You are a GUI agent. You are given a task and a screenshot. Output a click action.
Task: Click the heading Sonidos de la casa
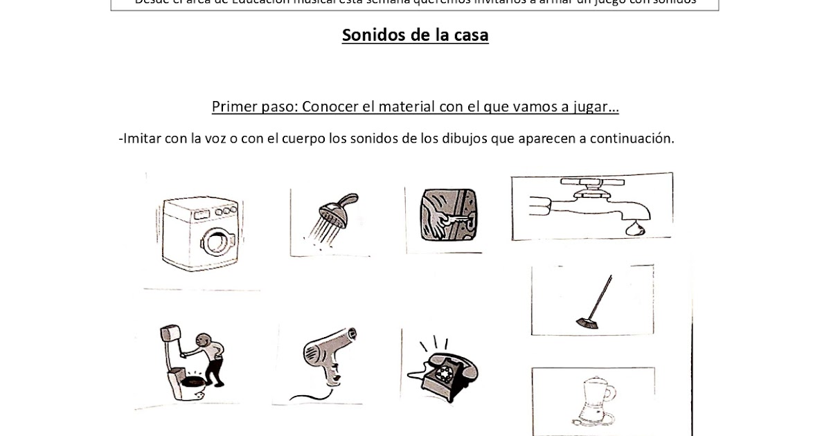[415, 35]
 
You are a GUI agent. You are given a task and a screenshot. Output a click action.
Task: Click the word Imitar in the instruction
[142, 138]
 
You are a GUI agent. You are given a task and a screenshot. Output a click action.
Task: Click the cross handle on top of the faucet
[585, 184]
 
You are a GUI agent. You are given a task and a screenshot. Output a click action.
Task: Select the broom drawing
[594, 301]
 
